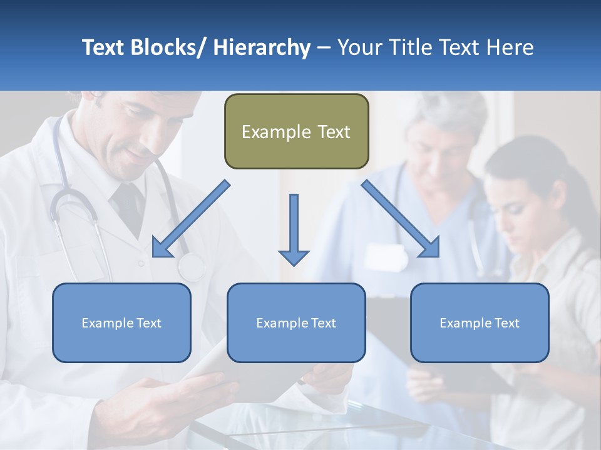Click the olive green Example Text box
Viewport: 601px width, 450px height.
coord(296,132)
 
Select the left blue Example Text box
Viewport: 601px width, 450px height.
coord(121,323)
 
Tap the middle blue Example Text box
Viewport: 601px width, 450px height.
coord(296,323)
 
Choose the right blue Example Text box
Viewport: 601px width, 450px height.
coord(480,323)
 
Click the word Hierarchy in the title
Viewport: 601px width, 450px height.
coord(262,47)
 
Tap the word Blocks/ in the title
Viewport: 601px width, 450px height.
coord(163,47)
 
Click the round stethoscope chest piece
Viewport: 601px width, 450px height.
coord(191,267)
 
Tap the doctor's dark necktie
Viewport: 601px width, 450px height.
coord(129,206)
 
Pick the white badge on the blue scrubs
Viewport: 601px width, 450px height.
coord(386,256)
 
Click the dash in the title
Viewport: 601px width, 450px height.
coord(324,47)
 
